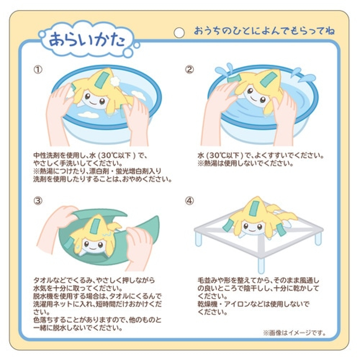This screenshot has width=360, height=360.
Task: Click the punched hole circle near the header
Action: pos(179,33)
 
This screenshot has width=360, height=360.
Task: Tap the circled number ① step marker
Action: pos(38,69)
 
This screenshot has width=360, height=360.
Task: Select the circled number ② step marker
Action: pos(189,69)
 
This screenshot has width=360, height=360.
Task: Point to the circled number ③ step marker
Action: pos(38,201)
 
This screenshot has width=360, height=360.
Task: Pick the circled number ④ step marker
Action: pos(189,201)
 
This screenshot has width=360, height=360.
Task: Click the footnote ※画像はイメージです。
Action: pos(294,333)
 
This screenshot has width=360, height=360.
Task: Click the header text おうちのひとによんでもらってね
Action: pos(264,31)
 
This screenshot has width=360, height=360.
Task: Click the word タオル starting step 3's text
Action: pos(43,280)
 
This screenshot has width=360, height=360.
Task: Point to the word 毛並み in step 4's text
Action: pos(207,280)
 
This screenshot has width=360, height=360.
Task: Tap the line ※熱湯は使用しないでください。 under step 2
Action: pos(246,163)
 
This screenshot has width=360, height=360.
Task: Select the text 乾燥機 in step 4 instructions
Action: pos(207,304)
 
